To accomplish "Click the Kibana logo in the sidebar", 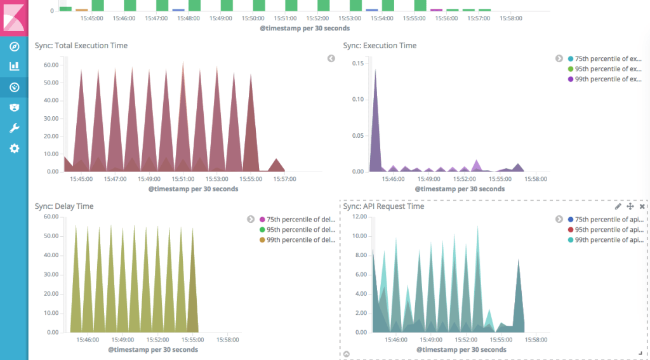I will [14, 16].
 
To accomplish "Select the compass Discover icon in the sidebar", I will [14, 46].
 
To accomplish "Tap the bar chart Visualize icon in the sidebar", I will [14, 66].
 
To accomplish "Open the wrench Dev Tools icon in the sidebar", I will [14, 128].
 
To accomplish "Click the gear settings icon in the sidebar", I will [14, 149].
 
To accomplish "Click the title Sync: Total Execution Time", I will [81, 46].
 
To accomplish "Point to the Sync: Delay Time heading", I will [64, 206].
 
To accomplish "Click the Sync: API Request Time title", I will [383, 206].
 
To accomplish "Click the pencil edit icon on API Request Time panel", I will [618, 206].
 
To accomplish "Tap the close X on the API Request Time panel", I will [642, 206].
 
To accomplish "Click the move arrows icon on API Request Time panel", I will [630, 206].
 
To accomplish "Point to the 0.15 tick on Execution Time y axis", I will [357, 63].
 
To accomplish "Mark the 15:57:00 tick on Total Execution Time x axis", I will [284, 179].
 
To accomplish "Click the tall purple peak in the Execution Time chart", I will [375, 71].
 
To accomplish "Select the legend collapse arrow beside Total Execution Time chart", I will [331, 58].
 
